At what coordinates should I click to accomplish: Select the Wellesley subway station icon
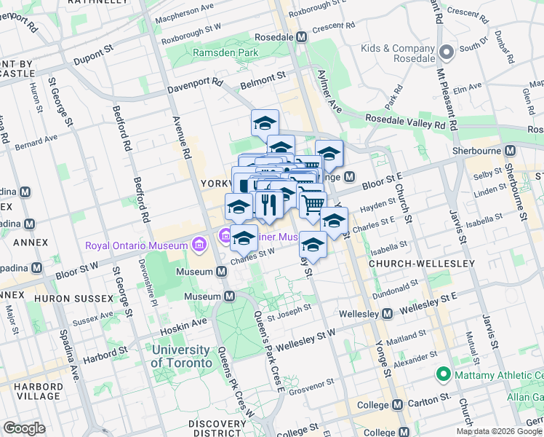[387, 314]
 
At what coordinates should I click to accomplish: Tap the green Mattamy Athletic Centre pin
[441, 375]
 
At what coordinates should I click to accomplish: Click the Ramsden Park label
[215, 52]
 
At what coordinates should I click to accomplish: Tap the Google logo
[24, 428]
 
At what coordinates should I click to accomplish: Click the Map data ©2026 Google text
[499, 431]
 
